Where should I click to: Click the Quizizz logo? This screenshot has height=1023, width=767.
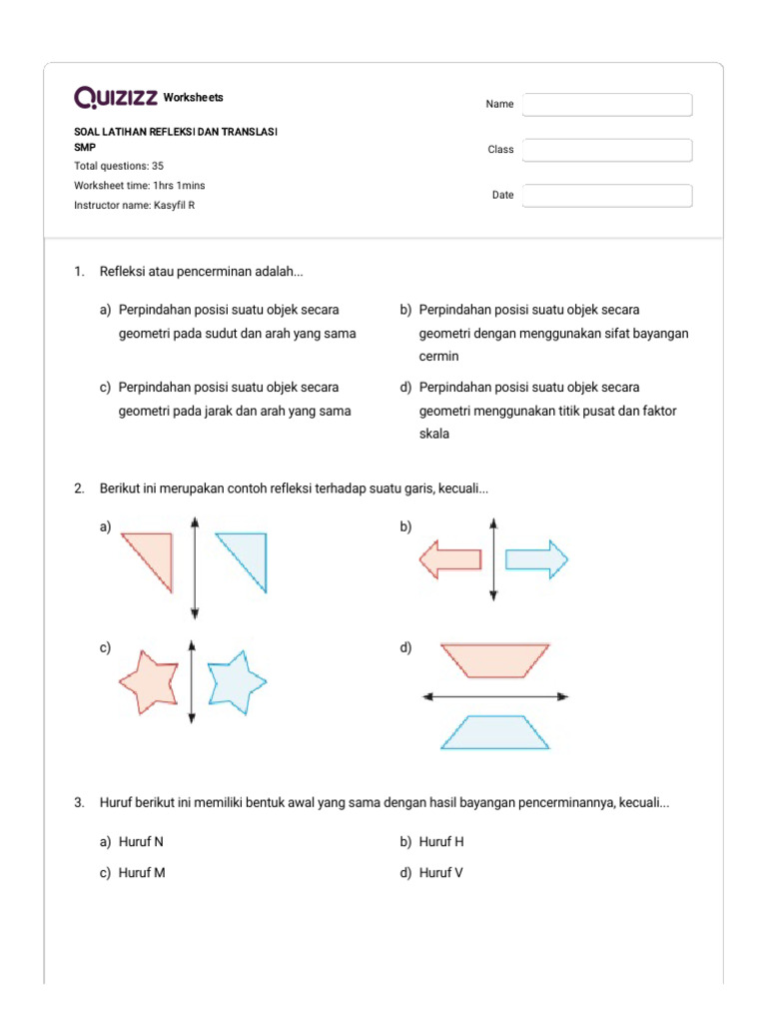[x=116, y=97]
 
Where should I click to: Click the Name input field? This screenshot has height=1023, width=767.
[x=607, y=105]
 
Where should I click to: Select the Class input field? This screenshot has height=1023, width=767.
[x=607, y=150]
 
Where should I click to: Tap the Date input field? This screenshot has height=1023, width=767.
[x=607, y=196]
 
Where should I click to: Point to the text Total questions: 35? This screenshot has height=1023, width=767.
[x=119, y=166]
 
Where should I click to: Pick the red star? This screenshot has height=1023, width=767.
[x=150, y=681]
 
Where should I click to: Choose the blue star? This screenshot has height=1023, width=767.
[x=236, y=681]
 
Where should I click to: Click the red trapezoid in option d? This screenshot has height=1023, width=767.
[x=495, y=659]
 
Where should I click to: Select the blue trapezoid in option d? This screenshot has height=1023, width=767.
[x=495, y=733]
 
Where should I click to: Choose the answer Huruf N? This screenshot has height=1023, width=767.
[x=141, y=842]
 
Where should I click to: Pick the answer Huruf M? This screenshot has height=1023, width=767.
[x=142, y=873]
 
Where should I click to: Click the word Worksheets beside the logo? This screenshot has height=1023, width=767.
[x=194, y=98]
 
